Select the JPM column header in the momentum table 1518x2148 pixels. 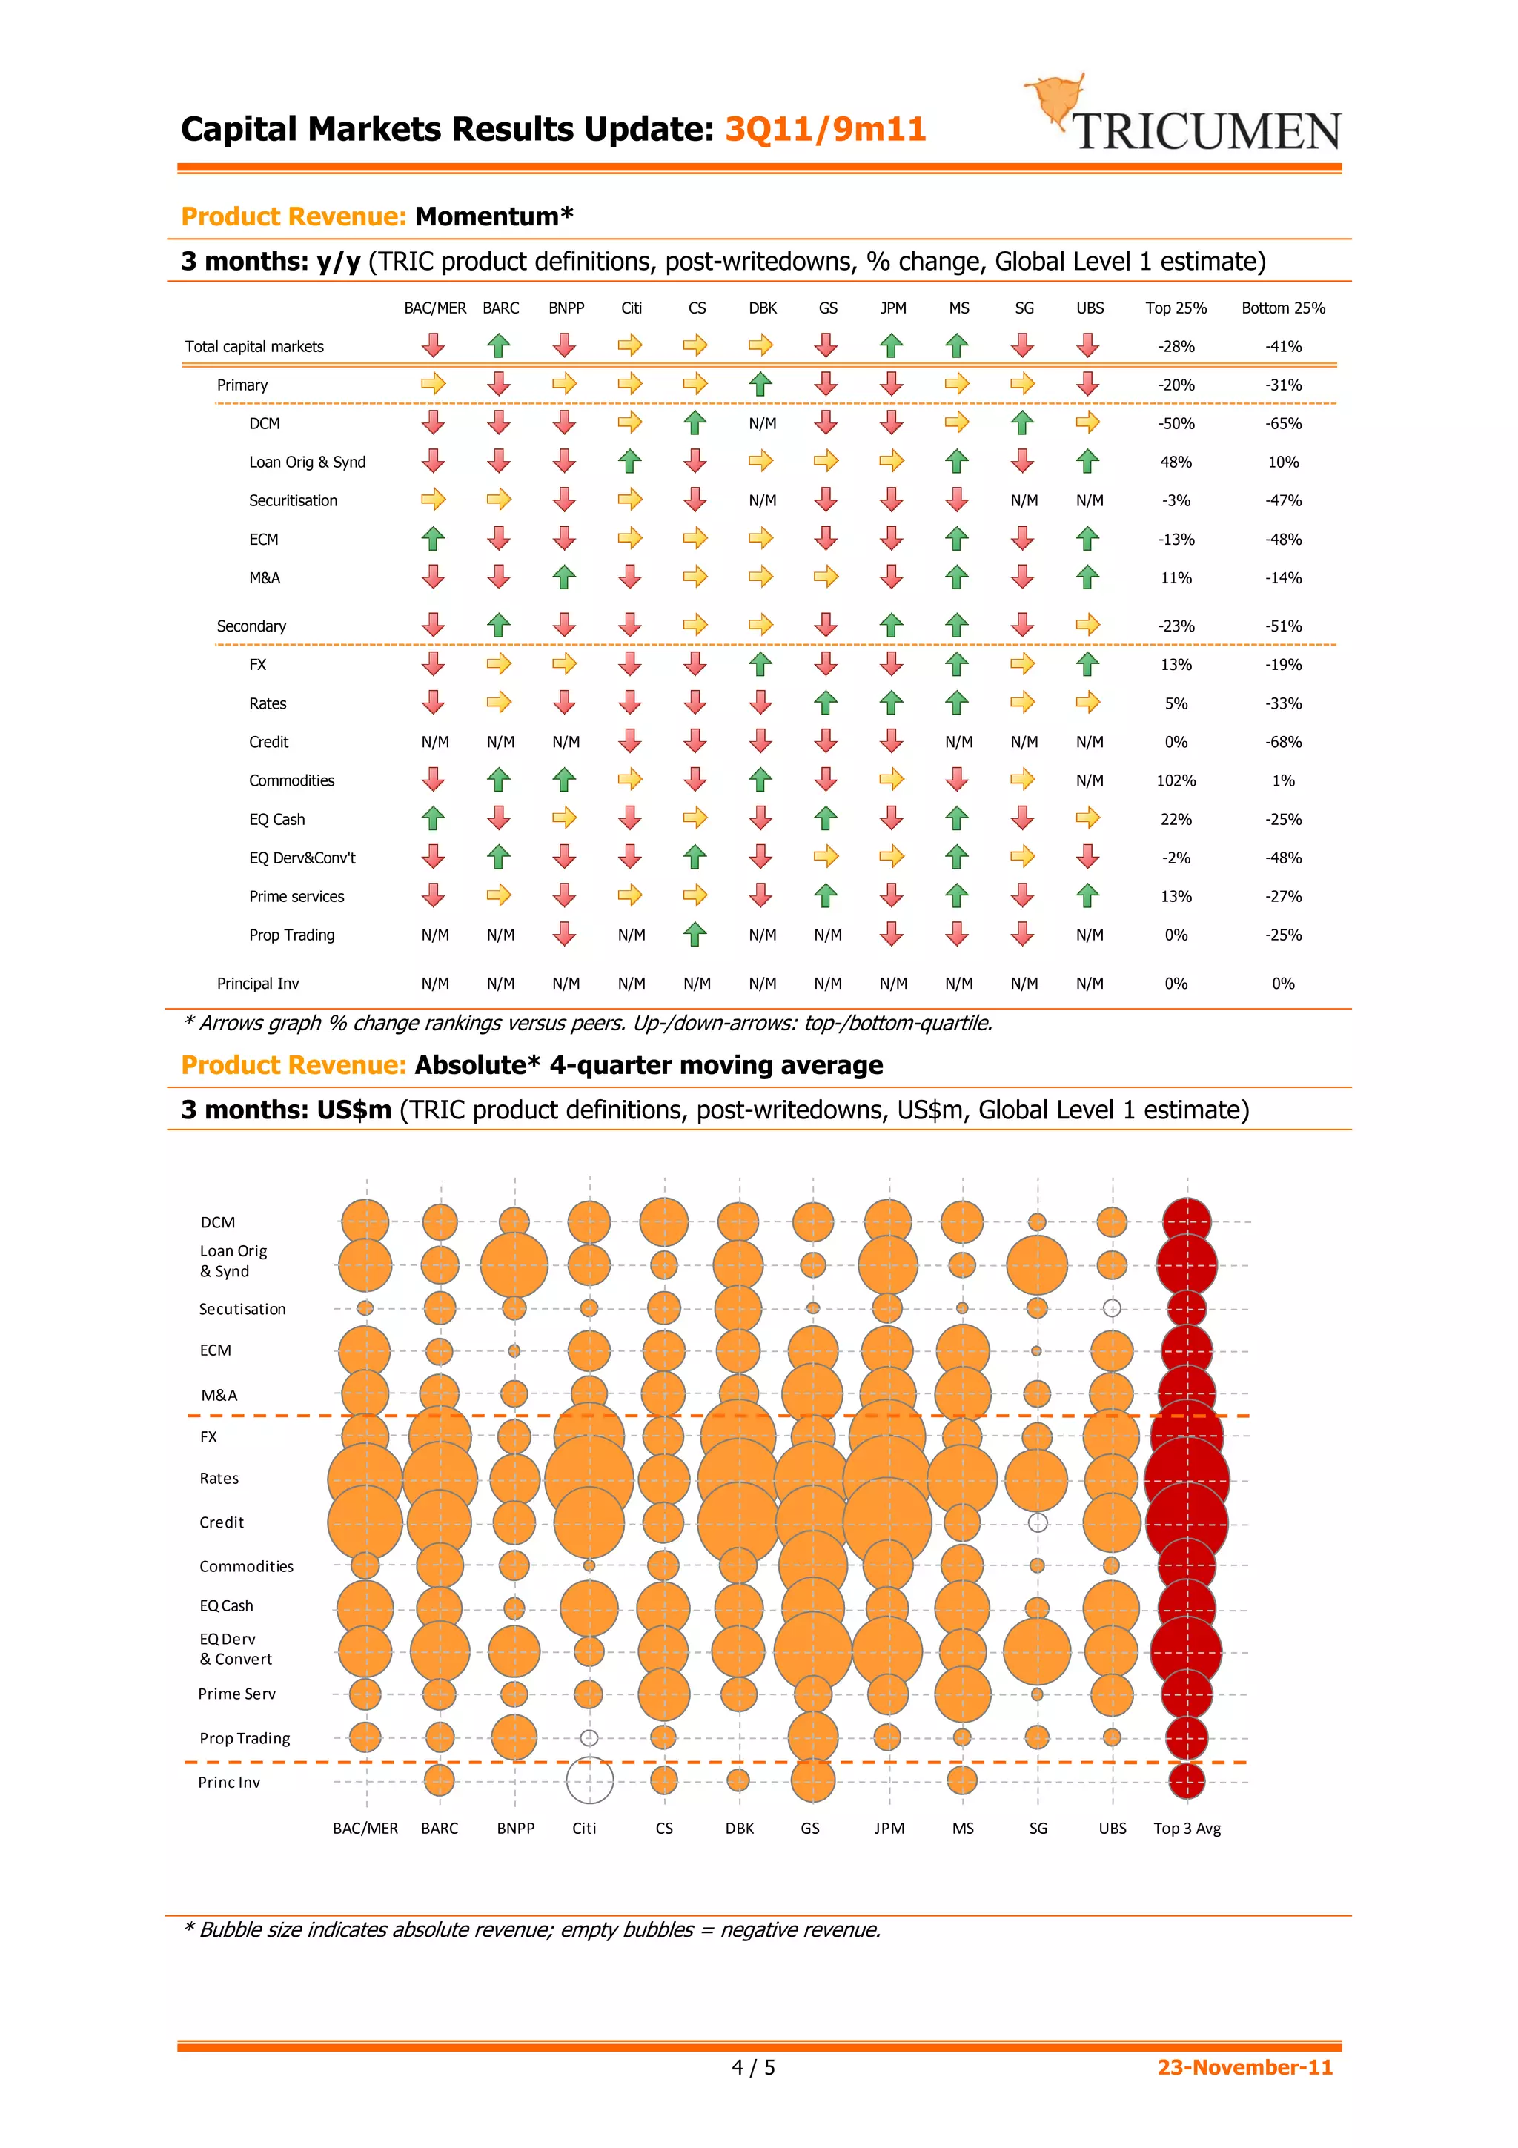pos(892,308)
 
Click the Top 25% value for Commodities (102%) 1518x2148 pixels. pos(1175,780)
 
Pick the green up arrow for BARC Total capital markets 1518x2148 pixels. pos(499,346)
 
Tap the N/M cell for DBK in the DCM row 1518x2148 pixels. pos(762,424)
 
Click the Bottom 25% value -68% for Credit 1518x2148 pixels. pos(1282,742)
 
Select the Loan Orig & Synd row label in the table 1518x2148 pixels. pos(307,463)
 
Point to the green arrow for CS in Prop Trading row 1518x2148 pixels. pos(695,934)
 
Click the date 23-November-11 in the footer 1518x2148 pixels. pos(1244,2066)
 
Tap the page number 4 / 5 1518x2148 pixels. pos(753,2066)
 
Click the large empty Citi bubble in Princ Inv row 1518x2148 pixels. pos(589,1780)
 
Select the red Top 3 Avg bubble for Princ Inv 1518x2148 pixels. pos(1186,1780)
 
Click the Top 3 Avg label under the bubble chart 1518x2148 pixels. pos(1186,1828)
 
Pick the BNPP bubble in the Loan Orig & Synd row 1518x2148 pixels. pos(514,1264)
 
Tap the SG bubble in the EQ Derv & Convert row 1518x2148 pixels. pos(1036,1651)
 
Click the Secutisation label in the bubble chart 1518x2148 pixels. pos(242,1309)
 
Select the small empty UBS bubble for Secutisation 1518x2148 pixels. pos(1111,1308)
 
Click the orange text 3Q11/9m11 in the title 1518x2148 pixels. pos(825,129)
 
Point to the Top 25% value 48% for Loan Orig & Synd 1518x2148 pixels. pos(1175,463)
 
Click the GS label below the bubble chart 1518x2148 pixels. pos(810,1828)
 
